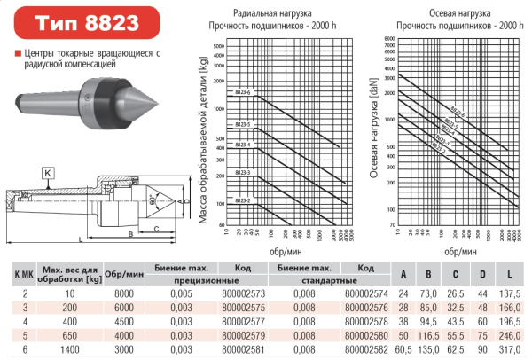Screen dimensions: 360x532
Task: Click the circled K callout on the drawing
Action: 48,171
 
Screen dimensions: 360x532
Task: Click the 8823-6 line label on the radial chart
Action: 243,93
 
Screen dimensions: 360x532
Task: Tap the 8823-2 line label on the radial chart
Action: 243,201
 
